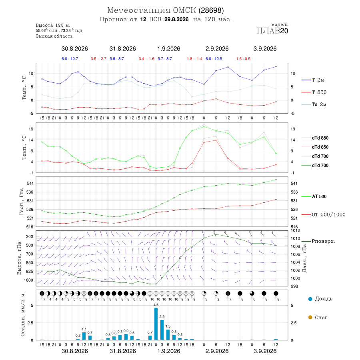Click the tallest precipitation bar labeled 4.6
[x=156, y=324]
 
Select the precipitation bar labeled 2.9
[x=162, y=330]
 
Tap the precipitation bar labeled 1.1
[x=84, y=336]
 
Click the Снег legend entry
[x=318, y=317]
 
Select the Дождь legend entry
[x=320, y=299]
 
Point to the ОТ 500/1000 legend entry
[x=323, y=215]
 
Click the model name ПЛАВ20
[x=272, y=31]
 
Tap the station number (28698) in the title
[x=211, y=10]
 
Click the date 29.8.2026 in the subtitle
[x=176, y=19]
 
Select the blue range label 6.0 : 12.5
[x=214, y=59]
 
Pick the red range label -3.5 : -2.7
[x=98, y=59]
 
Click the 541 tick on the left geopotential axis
[x=30, y=184]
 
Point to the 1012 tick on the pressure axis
[x=296, y=230]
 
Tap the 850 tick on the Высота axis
[x=29, y=263]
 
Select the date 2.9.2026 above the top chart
[x=217, y=49]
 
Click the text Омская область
[x=54, y=36]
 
